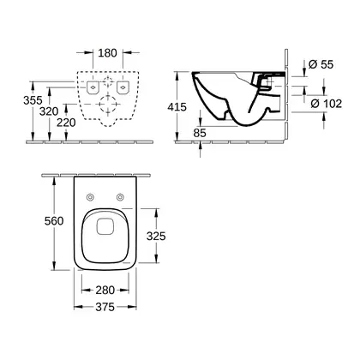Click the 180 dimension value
107,53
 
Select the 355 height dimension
33,100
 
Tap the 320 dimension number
49,111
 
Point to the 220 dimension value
66,123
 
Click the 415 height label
177,107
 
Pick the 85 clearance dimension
200,133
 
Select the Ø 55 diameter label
321,64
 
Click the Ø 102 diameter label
326,104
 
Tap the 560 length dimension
54,221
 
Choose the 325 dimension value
156,236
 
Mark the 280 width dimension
105,291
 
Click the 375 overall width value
105,307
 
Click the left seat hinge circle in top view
90,197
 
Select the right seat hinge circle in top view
120,197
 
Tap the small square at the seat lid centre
105,226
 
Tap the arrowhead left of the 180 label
90,52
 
